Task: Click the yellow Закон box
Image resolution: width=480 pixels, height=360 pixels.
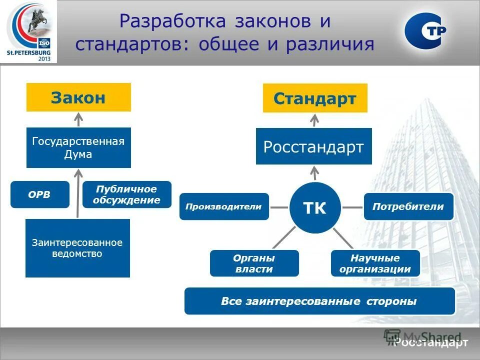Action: click(78, 97)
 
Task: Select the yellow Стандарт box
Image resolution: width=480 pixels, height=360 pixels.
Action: click(315, 98)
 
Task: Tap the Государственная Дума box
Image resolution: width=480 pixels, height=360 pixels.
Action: click(78, 147)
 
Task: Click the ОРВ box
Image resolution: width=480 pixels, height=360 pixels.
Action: click(40, 194)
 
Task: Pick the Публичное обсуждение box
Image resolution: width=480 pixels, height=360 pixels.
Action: click(126, 194)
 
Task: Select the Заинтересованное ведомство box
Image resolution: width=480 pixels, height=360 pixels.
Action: click(77, 248)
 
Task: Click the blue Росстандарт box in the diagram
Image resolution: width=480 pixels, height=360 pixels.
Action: click(313, 146)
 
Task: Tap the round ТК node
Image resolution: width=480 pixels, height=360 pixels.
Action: click(315, 208)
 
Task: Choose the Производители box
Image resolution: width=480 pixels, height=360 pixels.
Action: click(224, 206)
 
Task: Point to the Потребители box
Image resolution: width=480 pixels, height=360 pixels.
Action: click(408, 206)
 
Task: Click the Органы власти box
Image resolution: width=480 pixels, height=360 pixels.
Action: click(254, 263)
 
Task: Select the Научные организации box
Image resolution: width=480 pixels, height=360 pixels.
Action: click(375, 263)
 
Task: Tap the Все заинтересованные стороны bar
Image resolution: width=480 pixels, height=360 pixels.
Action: click(319, 301)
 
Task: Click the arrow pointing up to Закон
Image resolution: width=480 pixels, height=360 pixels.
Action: click(78, 119)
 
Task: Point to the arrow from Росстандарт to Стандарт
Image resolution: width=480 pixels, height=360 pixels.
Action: click(314, 120)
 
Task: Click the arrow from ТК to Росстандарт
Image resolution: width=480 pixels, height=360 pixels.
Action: click(314, 173)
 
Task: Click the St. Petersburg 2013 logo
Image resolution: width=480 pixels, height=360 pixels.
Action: click(28, 32)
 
